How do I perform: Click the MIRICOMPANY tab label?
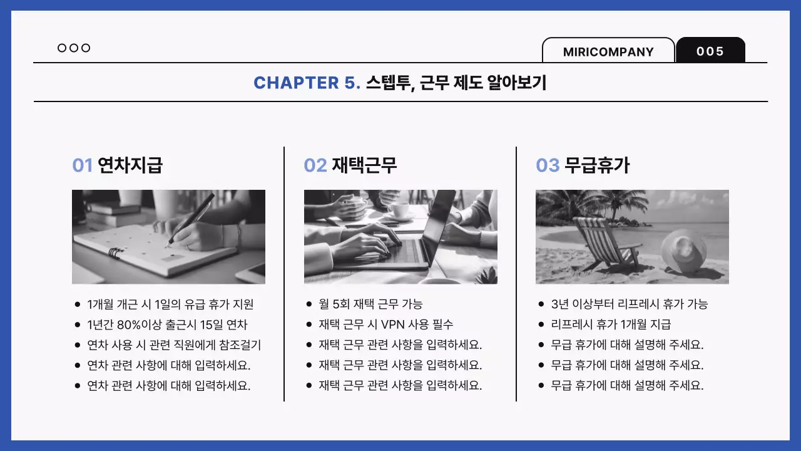click(608, 52)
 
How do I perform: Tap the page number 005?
click(710, 51)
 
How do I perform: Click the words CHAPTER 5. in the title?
click(307, 83)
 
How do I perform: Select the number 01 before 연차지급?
click(83, 165)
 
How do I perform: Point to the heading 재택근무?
click(364, 165)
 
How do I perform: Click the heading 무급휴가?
click(597, 165)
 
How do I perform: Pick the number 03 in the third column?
click(548, 165)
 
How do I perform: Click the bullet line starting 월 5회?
click(370, 304)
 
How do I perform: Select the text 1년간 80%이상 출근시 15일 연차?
click(167, 324)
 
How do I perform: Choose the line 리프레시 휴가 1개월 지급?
click(611, 324)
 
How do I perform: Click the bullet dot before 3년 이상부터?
click(541, 304)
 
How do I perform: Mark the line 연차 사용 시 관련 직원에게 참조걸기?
click(174, 345)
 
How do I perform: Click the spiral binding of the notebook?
click(115, 254)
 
